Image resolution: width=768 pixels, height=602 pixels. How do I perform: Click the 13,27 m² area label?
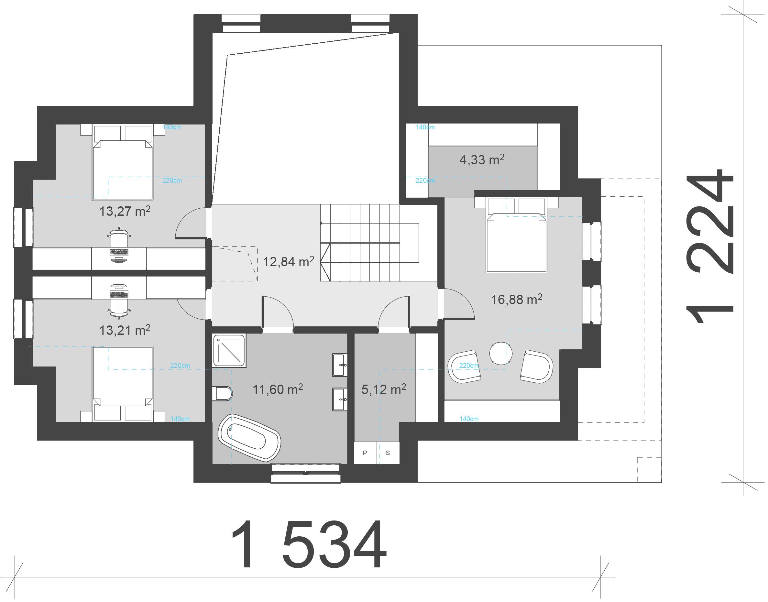pos(125,211)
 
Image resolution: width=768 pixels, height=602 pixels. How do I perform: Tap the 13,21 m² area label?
pos(125,330)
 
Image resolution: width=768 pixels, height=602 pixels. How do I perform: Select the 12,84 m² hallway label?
pos(289,261)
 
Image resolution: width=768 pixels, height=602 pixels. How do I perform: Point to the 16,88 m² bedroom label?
pos(517,299)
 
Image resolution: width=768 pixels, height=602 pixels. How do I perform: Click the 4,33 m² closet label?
pos(482,160)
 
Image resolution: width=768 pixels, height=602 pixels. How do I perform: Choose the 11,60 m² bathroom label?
pos(278,389)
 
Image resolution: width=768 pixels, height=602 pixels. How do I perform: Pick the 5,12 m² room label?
pos(384,389)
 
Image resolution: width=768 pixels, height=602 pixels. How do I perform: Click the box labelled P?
pos(365,453)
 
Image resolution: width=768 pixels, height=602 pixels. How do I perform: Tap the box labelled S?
pos(388,453)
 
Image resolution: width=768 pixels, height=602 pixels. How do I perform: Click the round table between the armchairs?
pos(500,353)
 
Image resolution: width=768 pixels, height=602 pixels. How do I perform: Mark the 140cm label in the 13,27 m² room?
pos(172,127)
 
